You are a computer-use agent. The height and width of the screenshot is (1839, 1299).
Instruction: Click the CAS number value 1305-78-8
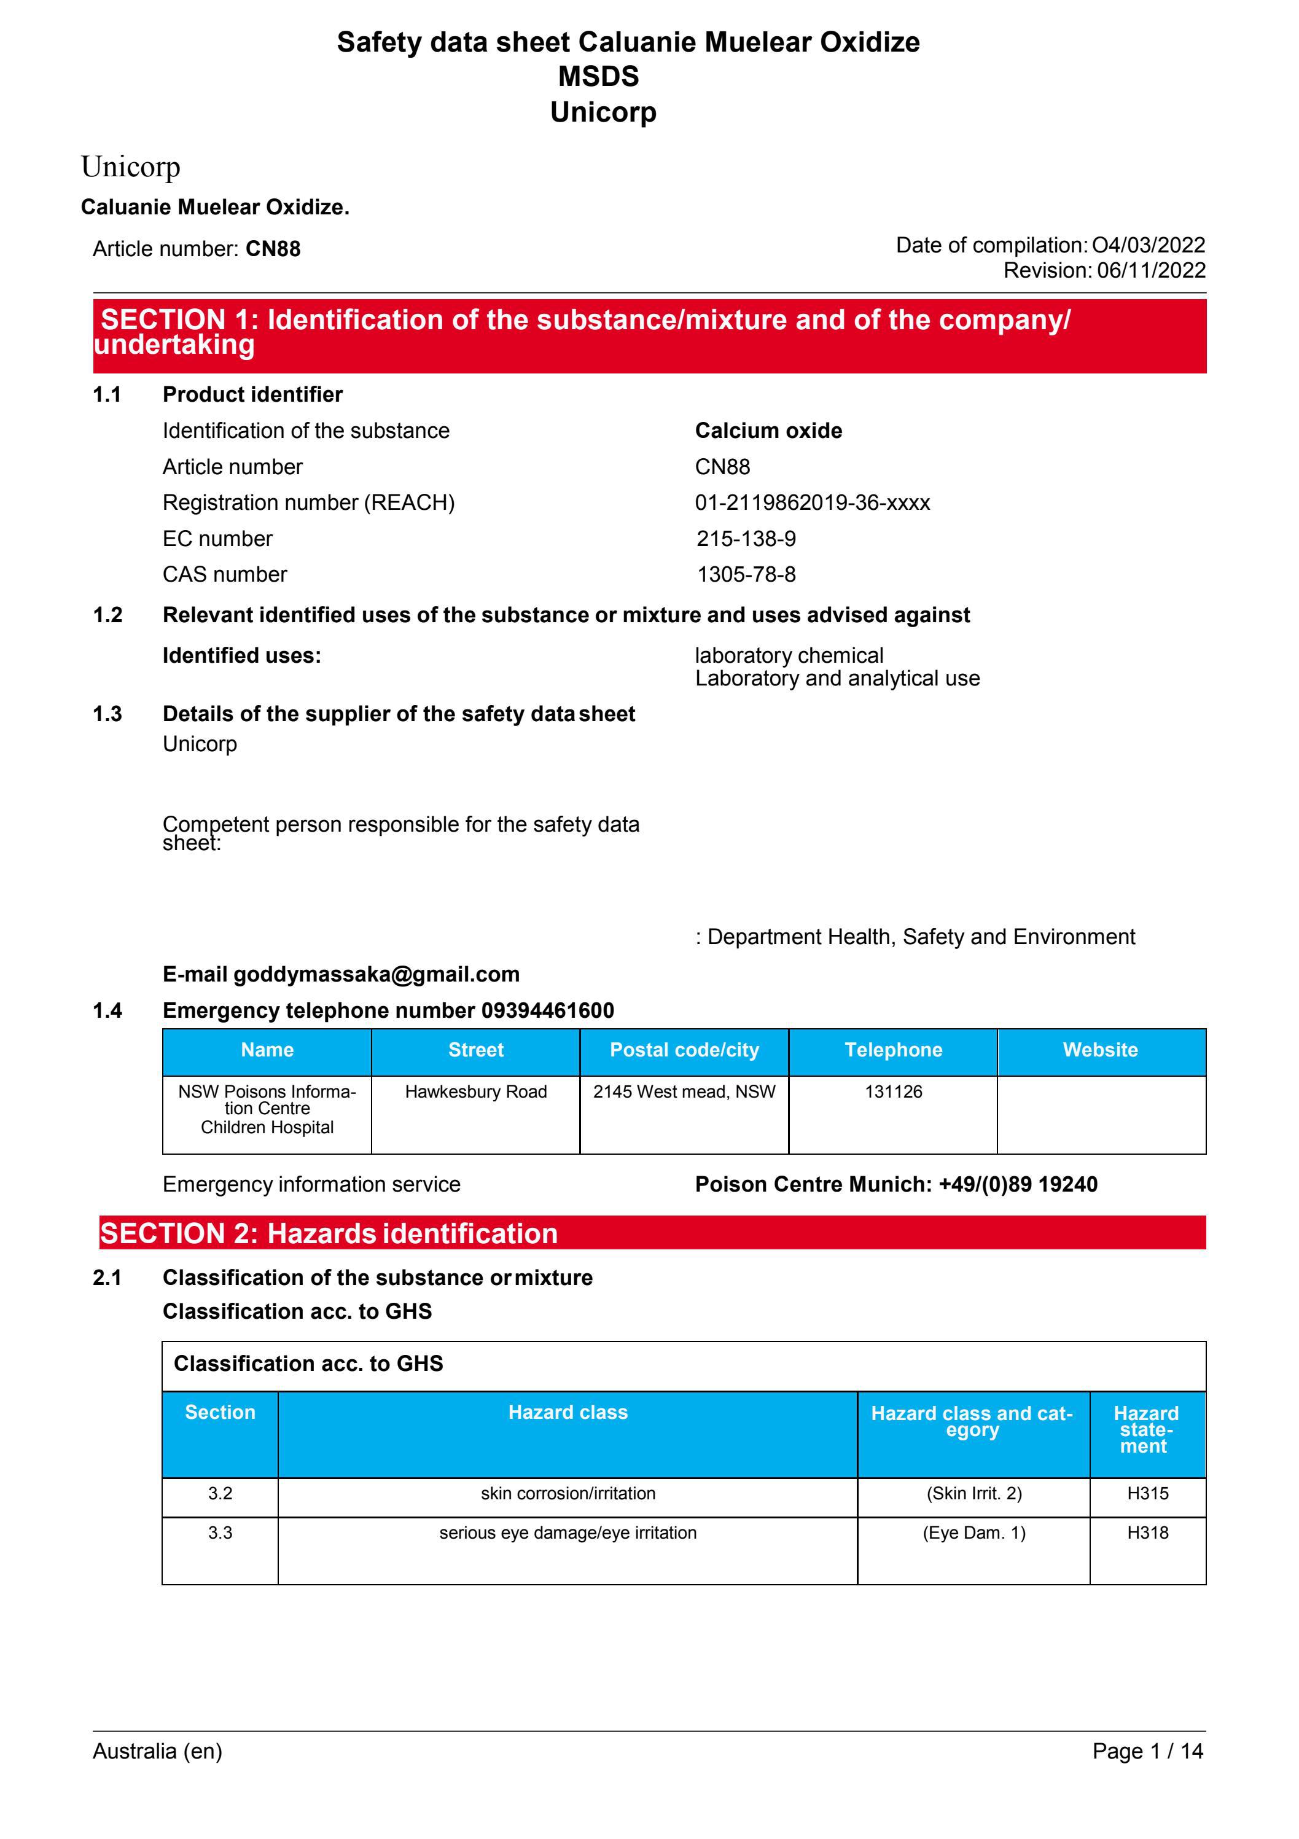click(x=746, y=574)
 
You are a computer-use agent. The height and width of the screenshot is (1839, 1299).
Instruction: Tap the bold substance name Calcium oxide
click(x=768, y=431)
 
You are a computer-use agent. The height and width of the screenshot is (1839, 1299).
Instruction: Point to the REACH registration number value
click(x=812, y=502)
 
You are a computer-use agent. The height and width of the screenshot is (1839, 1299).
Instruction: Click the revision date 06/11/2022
click(x=1150, y=271)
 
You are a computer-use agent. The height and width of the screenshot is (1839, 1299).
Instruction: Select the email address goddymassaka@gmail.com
click(x=376, y=974)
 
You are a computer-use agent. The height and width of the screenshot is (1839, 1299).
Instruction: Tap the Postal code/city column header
click(x=684, y=1050)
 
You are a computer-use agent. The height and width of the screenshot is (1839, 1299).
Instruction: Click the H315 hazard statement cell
click(x=1147, y=1493)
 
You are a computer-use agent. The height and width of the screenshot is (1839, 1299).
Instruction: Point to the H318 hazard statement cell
click(x=1147, y=1532)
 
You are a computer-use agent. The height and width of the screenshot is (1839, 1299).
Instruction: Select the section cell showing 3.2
click(x=220, y=1493)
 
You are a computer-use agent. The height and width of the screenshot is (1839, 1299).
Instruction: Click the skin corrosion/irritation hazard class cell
click(x=568, y=1493)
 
